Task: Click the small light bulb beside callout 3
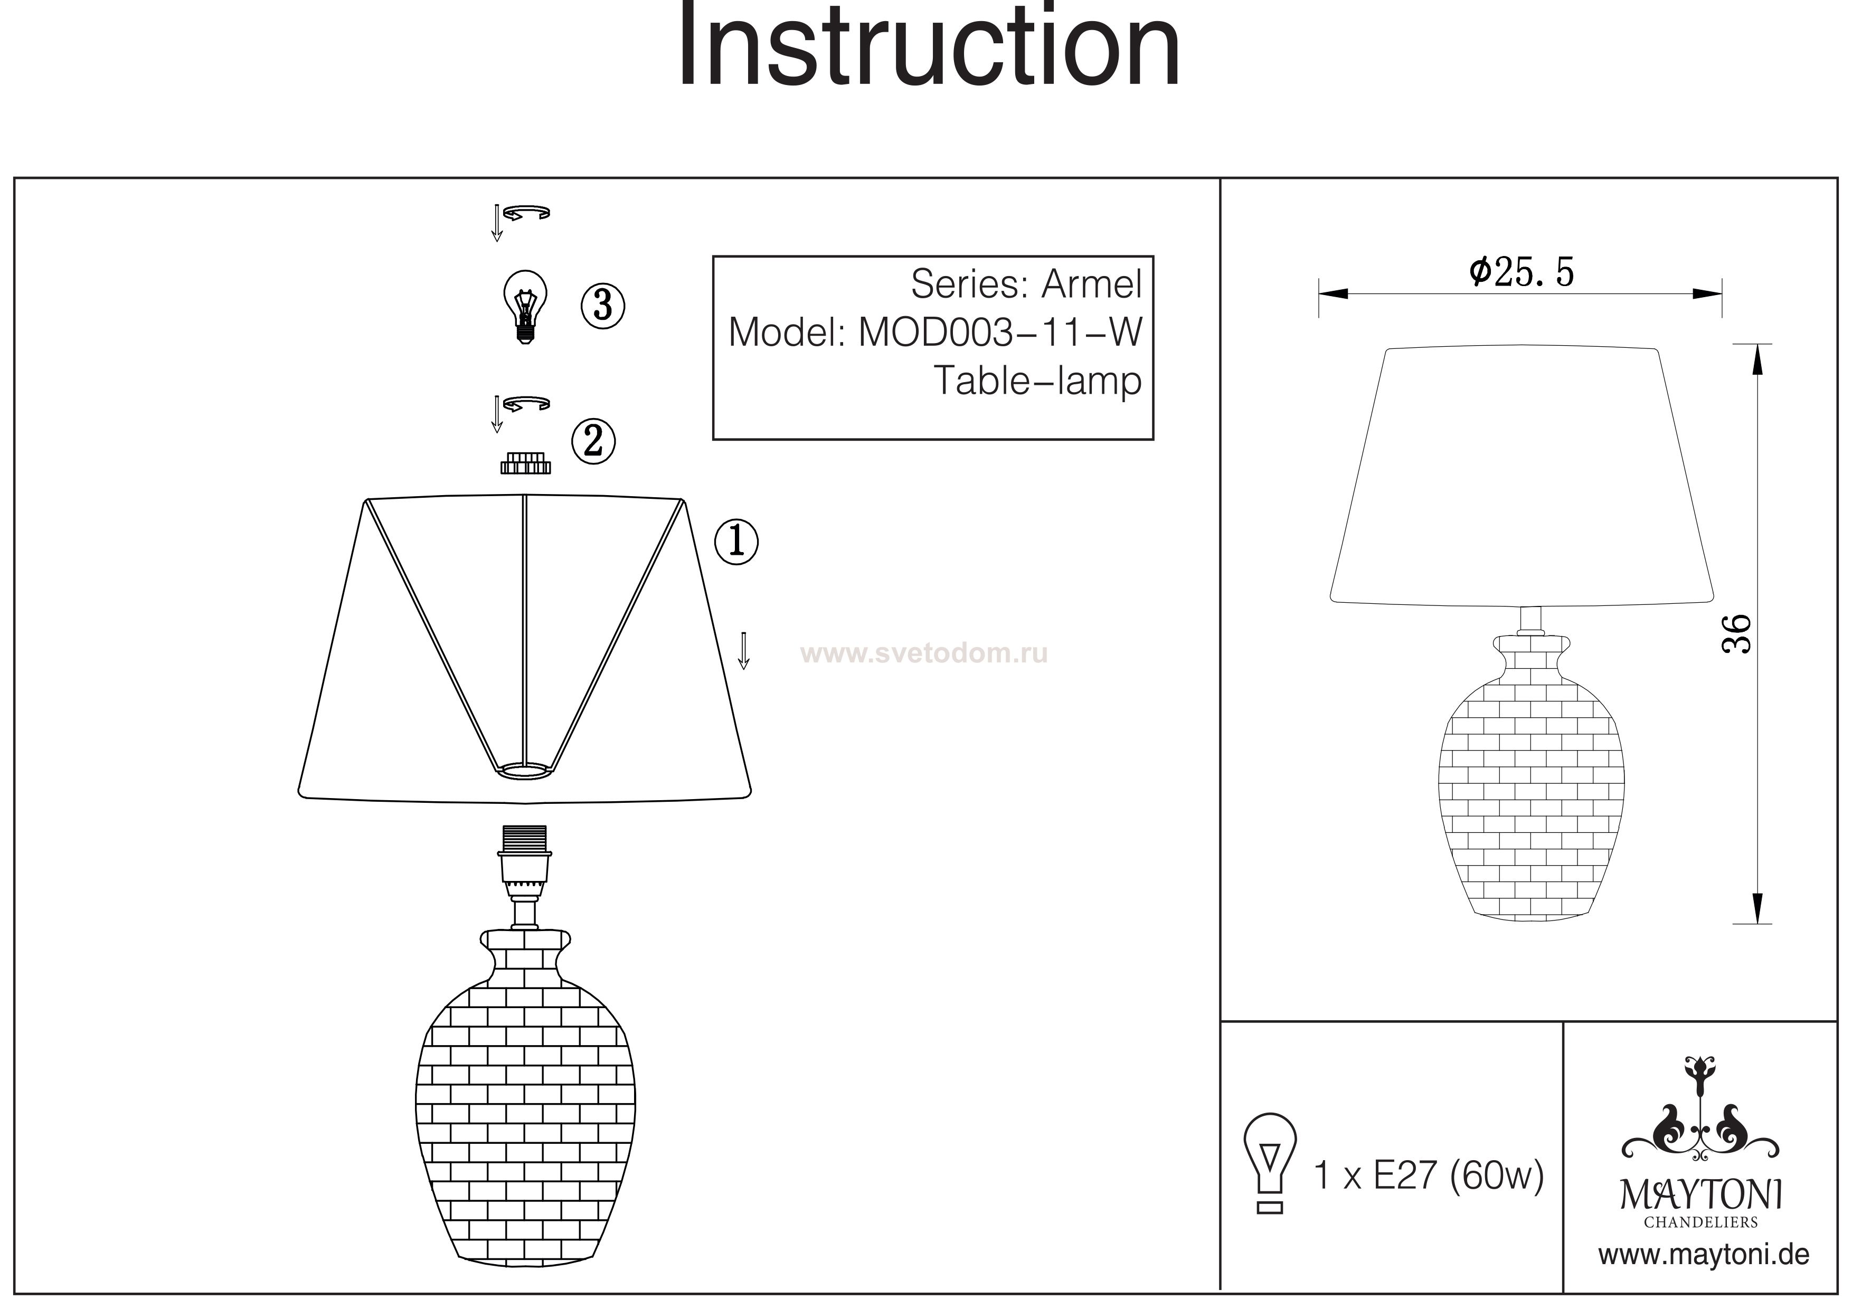pyautogui.click(x=525, y=307)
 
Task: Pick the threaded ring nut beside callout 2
pyautogui.click(x=525, y=463)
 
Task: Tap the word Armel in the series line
pyautogui.click(x=1092, y=284)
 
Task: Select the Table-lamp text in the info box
pyautogui.click(x=1038, y=381)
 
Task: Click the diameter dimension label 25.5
pyautogui.click(x=1522, y=272)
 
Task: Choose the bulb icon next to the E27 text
pyautogui.click(x=1270, y=1164)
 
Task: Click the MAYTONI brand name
pyautogui.click(x=1701, y=1194)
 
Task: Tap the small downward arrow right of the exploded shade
pyautogui.click(x=744, y=651)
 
